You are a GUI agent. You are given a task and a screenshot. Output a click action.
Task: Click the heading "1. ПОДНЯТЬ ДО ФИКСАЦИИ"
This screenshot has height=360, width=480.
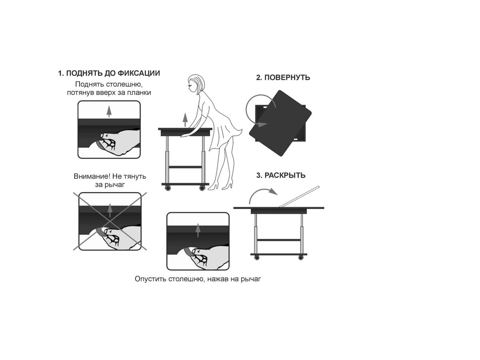coord(109,73)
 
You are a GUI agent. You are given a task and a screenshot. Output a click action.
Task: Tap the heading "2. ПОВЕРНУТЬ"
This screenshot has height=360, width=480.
coord(283,78)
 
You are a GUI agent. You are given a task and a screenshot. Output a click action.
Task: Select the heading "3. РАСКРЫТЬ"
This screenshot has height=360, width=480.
coord(281,175)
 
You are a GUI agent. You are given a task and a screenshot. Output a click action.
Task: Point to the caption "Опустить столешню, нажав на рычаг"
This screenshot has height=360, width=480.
coord(198,279)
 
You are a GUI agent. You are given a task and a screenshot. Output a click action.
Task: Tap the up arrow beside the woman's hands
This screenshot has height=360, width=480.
coord(185,119)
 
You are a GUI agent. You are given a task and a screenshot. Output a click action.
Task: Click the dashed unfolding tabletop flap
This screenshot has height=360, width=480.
coord(299,196)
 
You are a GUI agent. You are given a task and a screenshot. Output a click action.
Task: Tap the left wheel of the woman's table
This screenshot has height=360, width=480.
coord(168,188)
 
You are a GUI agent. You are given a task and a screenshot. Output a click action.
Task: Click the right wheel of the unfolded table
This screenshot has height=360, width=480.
coord(301,257)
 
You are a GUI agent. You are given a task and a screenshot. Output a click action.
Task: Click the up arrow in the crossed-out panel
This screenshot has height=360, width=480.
coord(110,210)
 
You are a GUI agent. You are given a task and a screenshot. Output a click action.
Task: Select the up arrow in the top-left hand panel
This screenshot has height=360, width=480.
coord(109,111)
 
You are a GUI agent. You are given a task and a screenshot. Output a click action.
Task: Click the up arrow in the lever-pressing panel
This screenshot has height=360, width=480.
coord(198,230)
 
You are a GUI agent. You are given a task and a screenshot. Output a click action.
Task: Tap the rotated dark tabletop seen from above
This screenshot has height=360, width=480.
coord(280,123)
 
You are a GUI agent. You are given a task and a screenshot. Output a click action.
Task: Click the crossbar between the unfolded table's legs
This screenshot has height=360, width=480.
coord(279,240)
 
